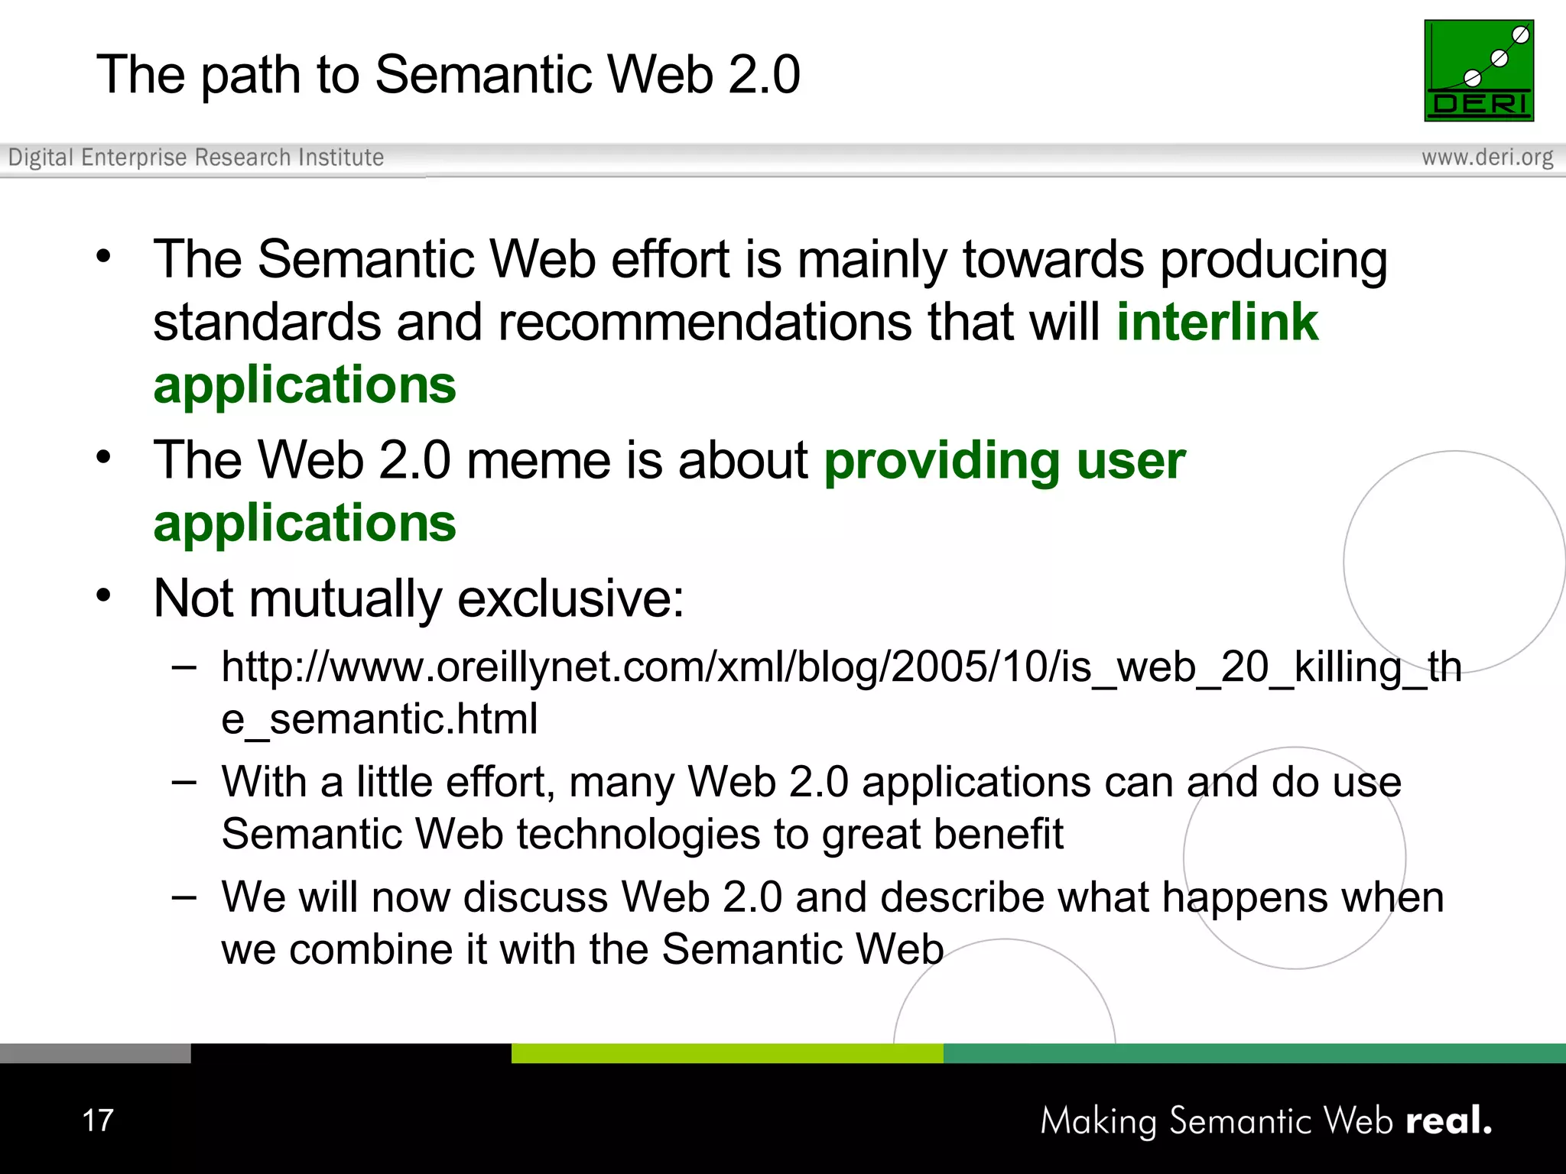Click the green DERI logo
tap(1478, 70)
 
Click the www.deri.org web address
tap(1486, 157)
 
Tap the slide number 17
tap(98, 1120)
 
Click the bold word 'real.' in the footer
tap(1448, 1120)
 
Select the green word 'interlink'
tap(1217, 322)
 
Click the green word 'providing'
tap(941, 461)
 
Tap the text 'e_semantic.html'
tap(379, 719)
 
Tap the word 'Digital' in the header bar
tap(41, 157)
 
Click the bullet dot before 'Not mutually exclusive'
tap(104, 595)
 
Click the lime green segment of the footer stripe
tap(726, 1053)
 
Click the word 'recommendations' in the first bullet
tap(704, 322)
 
